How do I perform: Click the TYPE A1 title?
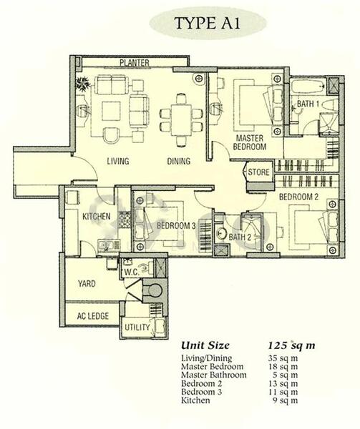[208, 23]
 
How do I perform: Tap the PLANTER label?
[134, 63]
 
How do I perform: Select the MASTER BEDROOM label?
[249, 142]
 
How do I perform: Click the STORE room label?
[258, 172]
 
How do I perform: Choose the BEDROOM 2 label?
[298, 197]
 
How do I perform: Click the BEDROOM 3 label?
[176, 226]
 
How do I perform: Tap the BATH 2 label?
[240, 237]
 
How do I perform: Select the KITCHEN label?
[97, 217]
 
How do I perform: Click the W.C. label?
[132, 272]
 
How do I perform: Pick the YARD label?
[87, 283]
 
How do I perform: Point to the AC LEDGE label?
[93, 316]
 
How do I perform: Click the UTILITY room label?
[137, 327]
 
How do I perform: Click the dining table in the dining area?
[181, 120]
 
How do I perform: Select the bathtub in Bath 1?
[308, 87]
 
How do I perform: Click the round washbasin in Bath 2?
[221, 233]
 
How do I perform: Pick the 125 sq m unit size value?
[291, 345]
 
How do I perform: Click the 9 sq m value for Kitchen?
[286, 400]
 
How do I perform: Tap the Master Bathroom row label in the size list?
[214, 375]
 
